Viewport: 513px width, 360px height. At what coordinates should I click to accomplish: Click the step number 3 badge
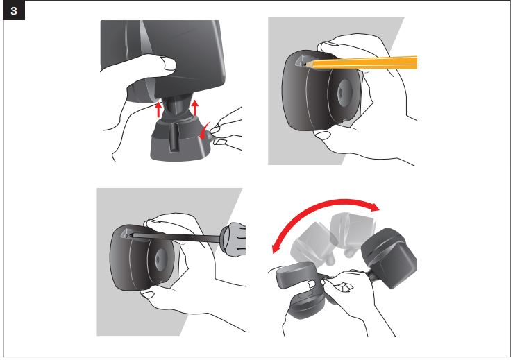[14, 11]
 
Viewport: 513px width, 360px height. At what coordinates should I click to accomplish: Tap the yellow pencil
[360, 63]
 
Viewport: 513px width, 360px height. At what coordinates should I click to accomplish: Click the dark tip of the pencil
[305, 65]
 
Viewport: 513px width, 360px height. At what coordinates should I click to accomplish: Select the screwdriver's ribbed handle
[233, 240]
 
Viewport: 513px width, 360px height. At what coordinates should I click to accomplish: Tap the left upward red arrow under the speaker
[158, 109]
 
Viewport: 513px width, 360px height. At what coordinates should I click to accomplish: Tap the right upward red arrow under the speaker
[195, 108]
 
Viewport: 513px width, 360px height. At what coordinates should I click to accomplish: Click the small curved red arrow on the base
[204, 131]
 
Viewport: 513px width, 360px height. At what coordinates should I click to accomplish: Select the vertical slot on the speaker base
[174, 137]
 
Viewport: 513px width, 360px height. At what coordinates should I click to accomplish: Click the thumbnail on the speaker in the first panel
[169, 64]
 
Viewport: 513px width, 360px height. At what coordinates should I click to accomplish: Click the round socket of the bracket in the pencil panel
[343, 89]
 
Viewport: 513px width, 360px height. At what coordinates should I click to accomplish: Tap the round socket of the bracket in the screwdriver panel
[161, 258]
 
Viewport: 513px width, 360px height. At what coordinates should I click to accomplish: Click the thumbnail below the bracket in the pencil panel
[323, 135]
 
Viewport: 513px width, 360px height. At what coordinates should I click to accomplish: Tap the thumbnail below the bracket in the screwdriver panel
[148, 295]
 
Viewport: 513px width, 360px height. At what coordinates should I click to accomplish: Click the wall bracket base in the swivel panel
[306, 307]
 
